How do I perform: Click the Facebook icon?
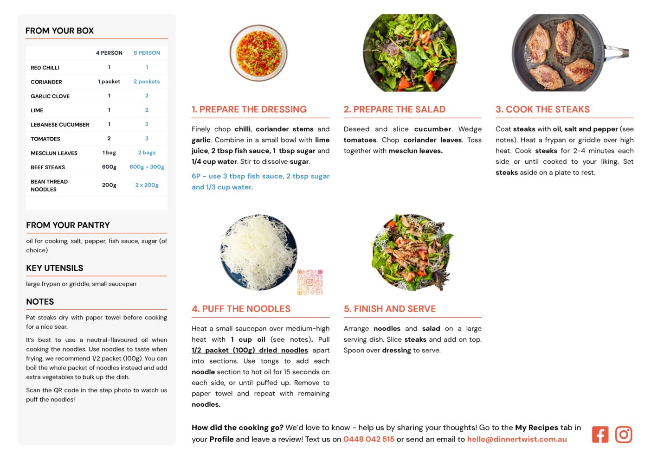point(600,434)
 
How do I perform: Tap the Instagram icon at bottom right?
point(623,434)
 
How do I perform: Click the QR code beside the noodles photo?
point(310,282)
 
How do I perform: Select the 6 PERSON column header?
point(147,53)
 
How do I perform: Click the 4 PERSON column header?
point(109,53)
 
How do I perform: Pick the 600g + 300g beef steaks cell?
point(147,167)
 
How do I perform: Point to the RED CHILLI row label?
point(45,68)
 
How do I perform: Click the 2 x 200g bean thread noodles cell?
point(147,185)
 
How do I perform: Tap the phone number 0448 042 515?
point(369,439)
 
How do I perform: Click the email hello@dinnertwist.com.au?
point(517,439)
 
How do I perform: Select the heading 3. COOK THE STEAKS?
point(542,109)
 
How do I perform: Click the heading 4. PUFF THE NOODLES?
point(241,309)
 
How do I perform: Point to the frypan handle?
point(616,52)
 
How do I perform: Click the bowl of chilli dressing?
point(258,52)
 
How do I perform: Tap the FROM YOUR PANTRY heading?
point(68,225)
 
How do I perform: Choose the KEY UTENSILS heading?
point(55,268)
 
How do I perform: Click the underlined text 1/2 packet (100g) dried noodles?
point(250,350)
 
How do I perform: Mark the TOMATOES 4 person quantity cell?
point(109,139)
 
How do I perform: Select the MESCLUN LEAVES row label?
point(54,153)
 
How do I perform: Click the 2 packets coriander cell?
point(147,82)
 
